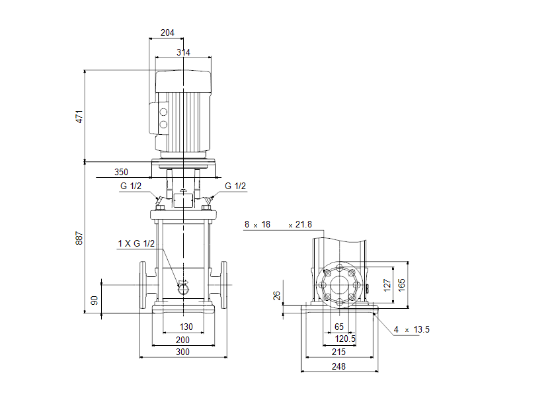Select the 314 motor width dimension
[182, 52]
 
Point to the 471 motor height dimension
[80, 116]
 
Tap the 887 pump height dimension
[80, 239]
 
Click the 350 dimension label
[121, 172]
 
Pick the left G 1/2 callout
[131, 186]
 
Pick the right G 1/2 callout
[235, 186]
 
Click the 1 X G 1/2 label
[136, 244]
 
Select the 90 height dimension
[95, 301]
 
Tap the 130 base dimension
[186, 327]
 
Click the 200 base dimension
[182, 340]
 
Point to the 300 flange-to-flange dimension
[182, 352]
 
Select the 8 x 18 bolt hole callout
[258, 225]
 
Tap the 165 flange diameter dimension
[402, 284]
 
